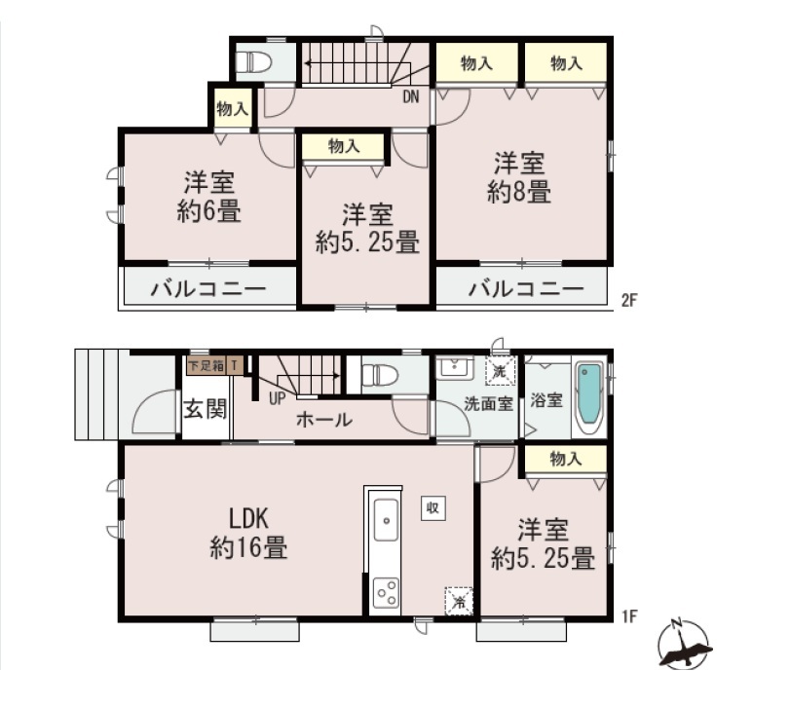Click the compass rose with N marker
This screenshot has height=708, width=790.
(684, 644)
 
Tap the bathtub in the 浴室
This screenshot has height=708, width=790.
(589, 396)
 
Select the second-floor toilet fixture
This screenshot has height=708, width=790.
(254, 62)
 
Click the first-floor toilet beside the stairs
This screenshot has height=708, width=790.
(380, 375)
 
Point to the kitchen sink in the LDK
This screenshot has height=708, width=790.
(386, 520)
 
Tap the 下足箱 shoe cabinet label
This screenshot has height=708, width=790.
(207, 365)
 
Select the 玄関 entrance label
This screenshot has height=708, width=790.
(206, 409)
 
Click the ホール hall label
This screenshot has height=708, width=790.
(324, 420)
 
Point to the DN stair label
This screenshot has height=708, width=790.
(411, 97)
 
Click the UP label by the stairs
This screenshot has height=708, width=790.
(277, 399)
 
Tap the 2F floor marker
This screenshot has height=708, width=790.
(629, 301)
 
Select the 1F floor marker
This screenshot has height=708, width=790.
(630, 615)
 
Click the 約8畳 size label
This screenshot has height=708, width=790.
(519, 193)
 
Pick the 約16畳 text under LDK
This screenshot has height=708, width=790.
(249, 547)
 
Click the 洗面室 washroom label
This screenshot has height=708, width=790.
(488, 404)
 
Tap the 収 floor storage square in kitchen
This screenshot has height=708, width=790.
(433, 508)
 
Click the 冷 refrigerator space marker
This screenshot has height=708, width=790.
(459, 601)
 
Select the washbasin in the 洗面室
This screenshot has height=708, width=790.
(455, 368)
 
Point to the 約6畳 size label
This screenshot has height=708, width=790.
(209, 211)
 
